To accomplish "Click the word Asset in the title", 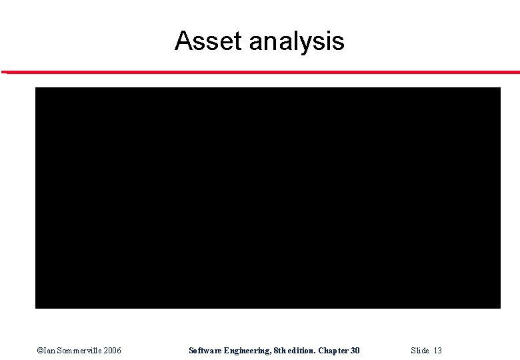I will (x=209, y=41).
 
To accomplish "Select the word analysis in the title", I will (x=297, y=42).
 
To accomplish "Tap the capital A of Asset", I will (x=182, y=41).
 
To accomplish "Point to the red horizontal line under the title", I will (x=260, y=72).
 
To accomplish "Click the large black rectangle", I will (x=267, y=197).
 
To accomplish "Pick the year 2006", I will (x=112, y=351).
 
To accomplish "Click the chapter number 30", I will (x=355, y=351).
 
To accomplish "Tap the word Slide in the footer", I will (x=420, y=351).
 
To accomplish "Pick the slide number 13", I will (x=437, y=351).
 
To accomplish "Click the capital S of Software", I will (x=191, y=351).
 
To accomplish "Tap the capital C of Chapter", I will (x=321, y=351).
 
